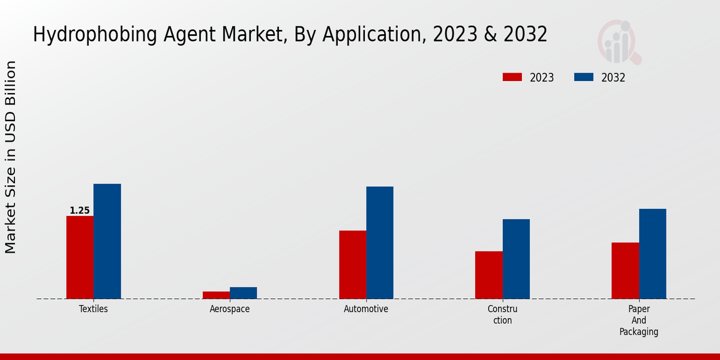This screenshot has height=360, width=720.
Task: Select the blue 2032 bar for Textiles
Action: click(107, 241)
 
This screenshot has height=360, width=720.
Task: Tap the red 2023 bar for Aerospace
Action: click(216, 295)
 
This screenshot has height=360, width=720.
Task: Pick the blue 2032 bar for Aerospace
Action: click(243, 293)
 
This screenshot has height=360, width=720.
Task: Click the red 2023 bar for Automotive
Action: click(352, 265)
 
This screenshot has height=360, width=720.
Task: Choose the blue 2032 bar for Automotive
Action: click(380, 242)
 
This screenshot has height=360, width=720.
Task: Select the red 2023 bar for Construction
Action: click(488, 275)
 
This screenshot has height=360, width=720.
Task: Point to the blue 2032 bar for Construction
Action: click(516, 259)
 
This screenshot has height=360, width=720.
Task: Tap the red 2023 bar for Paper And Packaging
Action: click(625, 271)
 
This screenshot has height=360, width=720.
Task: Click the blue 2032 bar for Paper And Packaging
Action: click(652, 254)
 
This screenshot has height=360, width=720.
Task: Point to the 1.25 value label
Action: click(79, 211)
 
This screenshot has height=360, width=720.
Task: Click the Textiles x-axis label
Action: click(94, 309)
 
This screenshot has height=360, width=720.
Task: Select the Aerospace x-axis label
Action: click(230, 309)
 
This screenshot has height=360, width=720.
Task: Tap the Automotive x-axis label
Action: click(366, 309)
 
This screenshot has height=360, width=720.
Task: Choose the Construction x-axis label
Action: click(502, 314)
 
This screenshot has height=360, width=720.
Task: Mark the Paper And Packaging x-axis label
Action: click(639, 320)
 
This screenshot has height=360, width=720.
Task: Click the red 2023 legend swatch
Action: click(512, 77)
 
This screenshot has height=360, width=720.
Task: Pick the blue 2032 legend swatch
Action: click(584, 77)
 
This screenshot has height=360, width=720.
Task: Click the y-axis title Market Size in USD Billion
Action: click(11, 157)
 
